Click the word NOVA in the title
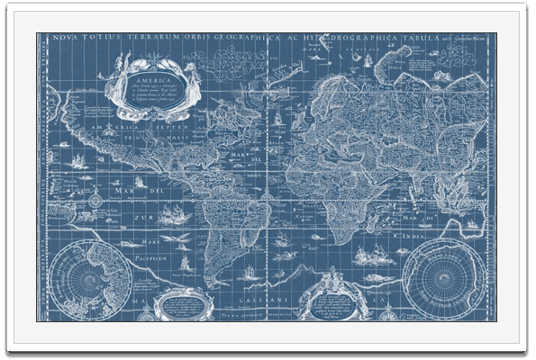(x=64, y=39)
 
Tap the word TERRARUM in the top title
(x=132, y=39)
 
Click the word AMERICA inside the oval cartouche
(x=150, y=79)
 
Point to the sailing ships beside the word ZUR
(x=171, y=213)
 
